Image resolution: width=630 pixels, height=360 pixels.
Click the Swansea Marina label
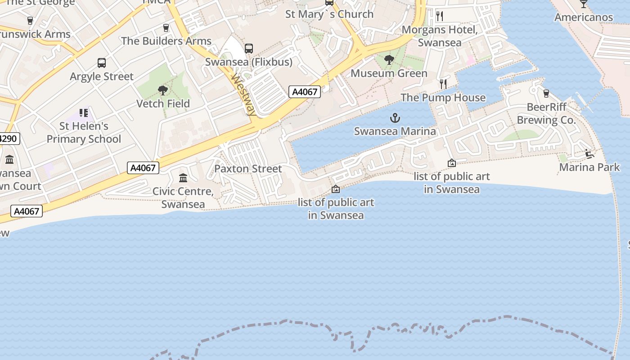395,131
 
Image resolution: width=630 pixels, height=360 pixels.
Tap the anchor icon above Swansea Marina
395,118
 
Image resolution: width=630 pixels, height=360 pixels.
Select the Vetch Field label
163,103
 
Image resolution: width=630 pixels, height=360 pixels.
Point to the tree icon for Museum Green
389,60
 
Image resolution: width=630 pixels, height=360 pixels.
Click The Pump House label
443,98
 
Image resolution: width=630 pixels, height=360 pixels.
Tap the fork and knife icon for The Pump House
443,84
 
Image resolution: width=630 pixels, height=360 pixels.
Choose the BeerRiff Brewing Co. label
546,114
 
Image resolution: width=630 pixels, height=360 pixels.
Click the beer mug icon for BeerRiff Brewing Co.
546,93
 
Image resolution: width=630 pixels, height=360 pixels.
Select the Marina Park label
589,167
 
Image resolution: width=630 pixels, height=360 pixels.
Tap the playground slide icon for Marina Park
589,154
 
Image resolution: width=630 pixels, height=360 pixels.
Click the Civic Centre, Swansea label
183,198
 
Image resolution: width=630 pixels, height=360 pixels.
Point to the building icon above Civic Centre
183,178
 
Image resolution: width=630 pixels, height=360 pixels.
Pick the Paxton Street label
248,169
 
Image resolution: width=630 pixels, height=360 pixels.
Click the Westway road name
244,94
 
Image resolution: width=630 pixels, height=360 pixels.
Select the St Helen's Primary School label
84,133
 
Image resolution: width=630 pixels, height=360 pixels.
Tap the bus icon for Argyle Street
102,63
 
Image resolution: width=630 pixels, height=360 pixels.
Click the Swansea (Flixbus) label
249,62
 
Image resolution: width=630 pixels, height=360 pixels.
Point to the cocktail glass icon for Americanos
584,4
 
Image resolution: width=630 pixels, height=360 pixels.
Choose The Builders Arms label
166,41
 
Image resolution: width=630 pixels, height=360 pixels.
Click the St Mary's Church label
329,14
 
